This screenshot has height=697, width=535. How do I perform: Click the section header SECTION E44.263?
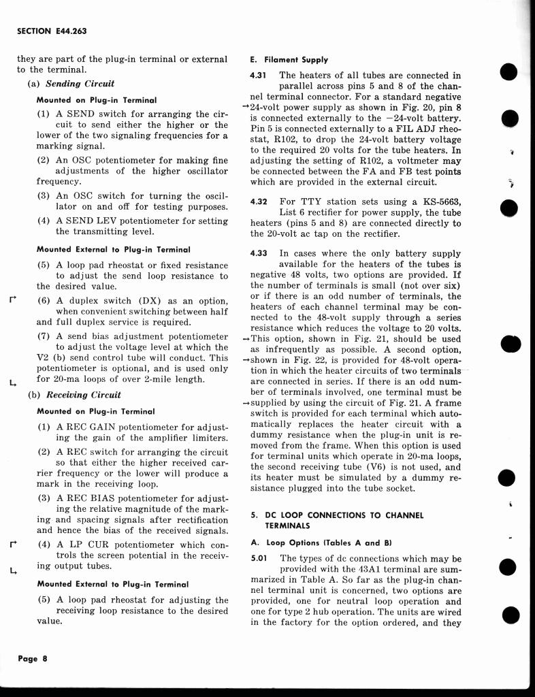coord(52,32)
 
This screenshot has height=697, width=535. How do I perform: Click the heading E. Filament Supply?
coord(289,60)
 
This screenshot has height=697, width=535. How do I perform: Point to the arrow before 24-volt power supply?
coord(246,108)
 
